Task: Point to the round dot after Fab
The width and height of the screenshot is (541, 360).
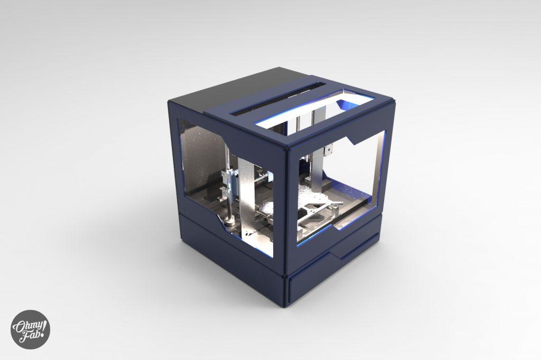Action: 42,335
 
